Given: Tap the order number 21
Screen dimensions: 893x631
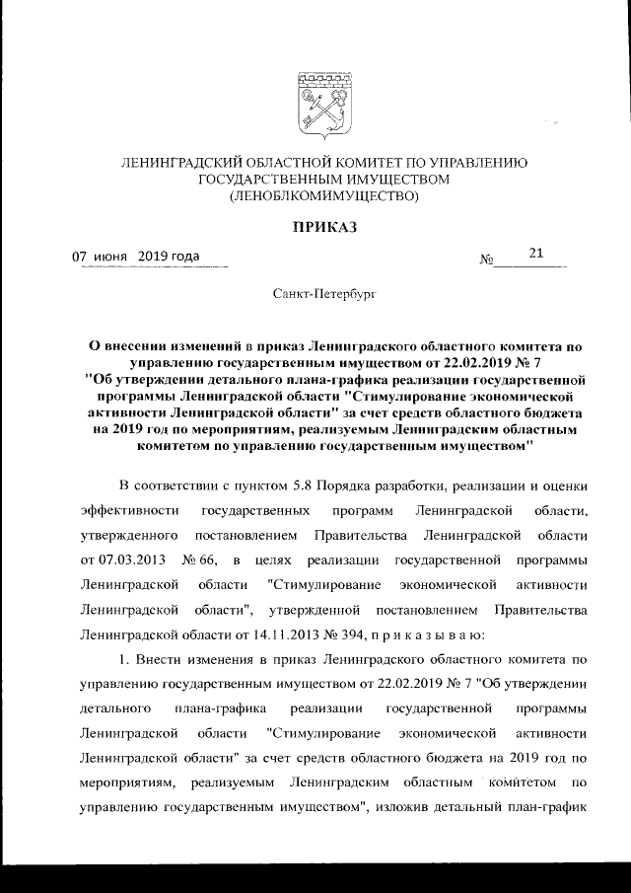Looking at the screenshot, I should (536, 256).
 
